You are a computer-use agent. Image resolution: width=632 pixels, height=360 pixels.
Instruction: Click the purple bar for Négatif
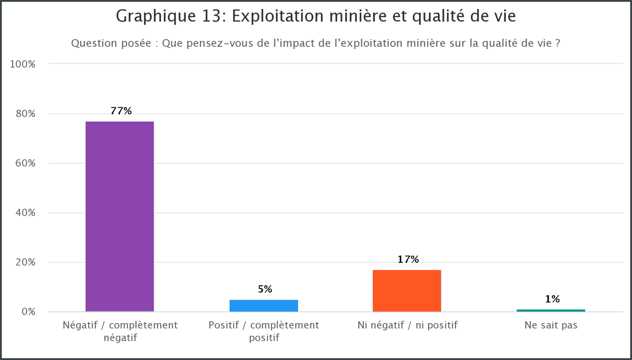[120, 216]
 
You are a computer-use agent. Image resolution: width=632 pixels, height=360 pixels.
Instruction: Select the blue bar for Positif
[264, 305]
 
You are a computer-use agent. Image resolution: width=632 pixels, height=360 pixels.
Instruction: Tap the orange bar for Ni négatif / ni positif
[407, 291]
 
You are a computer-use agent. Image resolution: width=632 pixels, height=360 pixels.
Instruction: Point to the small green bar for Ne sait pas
[550, 311]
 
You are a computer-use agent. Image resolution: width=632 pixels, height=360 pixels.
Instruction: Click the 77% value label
[121, 111]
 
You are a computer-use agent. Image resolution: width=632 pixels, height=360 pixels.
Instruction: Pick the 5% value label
[264, 289]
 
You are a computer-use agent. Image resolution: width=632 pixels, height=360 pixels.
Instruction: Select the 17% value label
[408, 259]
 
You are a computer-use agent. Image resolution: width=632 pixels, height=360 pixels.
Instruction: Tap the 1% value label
[552, 299]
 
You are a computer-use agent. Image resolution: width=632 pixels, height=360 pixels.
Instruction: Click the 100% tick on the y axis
[23, 64]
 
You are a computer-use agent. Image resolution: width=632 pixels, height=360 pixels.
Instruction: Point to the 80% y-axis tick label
[25, 114]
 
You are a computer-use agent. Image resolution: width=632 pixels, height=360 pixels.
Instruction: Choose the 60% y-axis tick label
[25, 163]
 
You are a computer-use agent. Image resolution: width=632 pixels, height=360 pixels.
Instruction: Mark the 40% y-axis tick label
[25, 213]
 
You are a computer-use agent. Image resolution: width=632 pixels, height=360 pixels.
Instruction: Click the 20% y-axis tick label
[25, 262]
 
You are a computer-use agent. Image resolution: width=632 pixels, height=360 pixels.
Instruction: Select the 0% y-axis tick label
[27, 312]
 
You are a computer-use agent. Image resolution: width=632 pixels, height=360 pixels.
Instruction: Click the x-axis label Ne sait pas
[551, 325]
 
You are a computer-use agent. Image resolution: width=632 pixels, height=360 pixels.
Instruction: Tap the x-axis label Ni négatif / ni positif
[407, 325]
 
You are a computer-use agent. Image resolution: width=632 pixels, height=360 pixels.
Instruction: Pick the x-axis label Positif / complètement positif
[264, 331]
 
